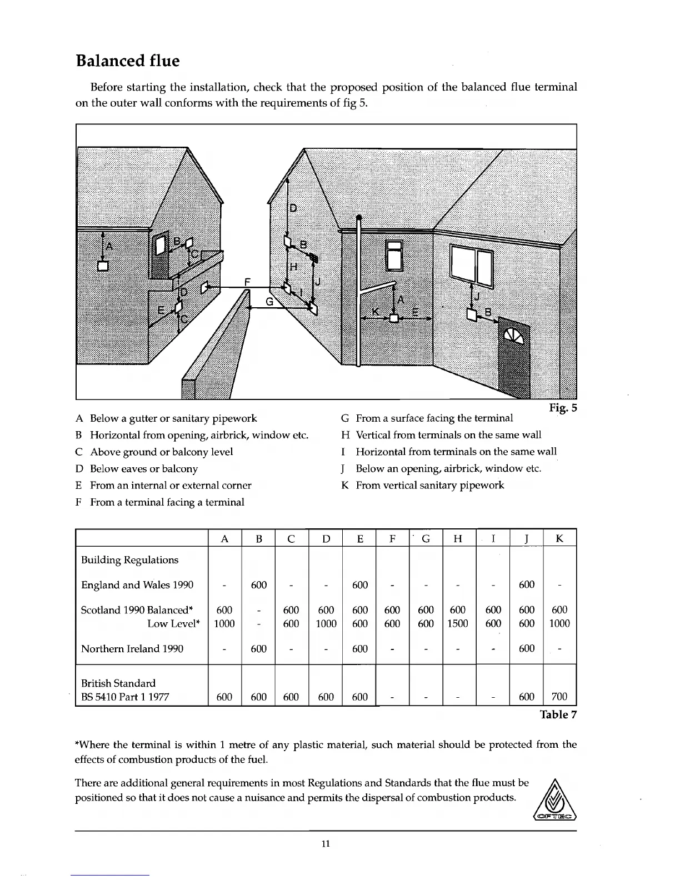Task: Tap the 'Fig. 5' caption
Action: [563, 408]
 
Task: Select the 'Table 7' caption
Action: [558, 714]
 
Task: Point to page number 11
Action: [326, 844]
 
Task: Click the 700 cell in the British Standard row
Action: [559, 697]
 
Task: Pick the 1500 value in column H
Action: [457, 623]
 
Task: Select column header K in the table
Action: [559, 538]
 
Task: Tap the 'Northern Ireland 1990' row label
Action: [132, 648]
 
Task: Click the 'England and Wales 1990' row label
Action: [137, 584]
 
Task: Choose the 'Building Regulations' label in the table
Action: [130, 559]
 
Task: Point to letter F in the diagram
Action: [249, 282]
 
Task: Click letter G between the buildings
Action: [269, 302]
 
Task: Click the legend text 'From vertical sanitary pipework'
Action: [429, 485]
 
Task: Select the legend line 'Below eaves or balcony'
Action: [143, 468]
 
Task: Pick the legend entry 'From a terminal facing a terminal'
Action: [167, 502]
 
